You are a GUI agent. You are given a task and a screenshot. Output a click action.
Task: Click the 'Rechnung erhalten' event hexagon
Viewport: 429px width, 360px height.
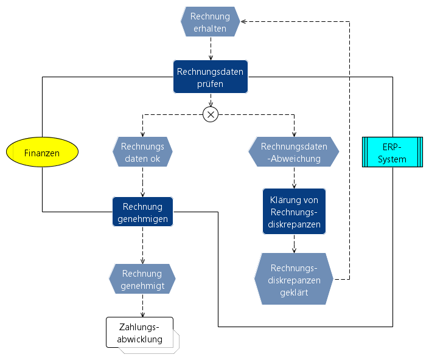pyautogui.click(x=210, y=22)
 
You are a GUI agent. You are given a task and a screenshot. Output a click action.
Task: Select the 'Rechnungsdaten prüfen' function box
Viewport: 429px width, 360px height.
pyautogui.click(x=211, y=77)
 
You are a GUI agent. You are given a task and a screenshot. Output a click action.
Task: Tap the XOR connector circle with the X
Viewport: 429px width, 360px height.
pyautogui.click(x=211, y=114)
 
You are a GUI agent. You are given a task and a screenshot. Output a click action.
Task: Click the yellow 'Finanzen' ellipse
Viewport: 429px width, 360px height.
pyautogui.click(x=43, y=153)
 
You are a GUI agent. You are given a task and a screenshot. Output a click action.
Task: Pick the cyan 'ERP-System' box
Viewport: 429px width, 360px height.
pyautogui.click(x=392, y=153)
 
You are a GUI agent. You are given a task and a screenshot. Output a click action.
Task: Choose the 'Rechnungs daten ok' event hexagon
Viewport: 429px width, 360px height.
pyautogui.click(x=142, y=152)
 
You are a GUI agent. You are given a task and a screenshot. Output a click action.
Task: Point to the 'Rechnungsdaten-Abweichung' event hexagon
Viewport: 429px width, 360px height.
pyautogui.click(x=294, y=152)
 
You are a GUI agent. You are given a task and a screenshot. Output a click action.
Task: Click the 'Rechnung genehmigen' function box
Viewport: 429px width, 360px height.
pyautogui.click(x=142, y=212)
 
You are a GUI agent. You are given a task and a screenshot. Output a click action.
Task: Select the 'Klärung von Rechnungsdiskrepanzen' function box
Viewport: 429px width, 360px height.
pyautogui.click(x=295, y=212)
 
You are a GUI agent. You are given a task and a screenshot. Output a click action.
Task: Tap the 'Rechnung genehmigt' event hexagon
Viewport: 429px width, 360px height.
pyautogui.click(x=142, y=279)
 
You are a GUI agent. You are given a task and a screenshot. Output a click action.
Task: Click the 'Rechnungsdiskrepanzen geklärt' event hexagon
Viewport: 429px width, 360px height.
pyautogui.click(x=295, y=279)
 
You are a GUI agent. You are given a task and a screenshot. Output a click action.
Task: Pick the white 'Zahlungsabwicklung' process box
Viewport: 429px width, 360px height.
pyautogui.click(x=141, y=333)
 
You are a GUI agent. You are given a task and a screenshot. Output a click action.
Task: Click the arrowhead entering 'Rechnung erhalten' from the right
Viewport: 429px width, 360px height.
pyautogui.click(x=243, y=22)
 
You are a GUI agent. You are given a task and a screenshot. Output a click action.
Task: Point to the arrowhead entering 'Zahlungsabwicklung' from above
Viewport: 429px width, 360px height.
pyautogui.click(x=142, y=314)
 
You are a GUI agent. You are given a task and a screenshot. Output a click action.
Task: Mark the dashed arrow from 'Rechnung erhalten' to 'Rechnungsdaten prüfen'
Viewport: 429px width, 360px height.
pyautogui.click(x=211, y=49)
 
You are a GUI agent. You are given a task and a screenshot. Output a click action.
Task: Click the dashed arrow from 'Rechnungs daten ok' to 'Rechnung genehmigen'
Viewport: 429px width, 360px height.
pyautogui.click(x=142, y=182)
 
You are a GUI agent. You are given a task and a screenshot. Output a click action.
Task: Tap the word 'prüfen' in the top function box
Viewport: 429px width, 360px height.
pyautogui.click(x=210, y=84)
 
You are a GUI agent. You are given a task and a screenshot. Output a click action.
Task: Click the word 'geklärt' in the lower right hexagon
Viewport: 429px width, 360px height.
pyautogui.click(x=295, y=292)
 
